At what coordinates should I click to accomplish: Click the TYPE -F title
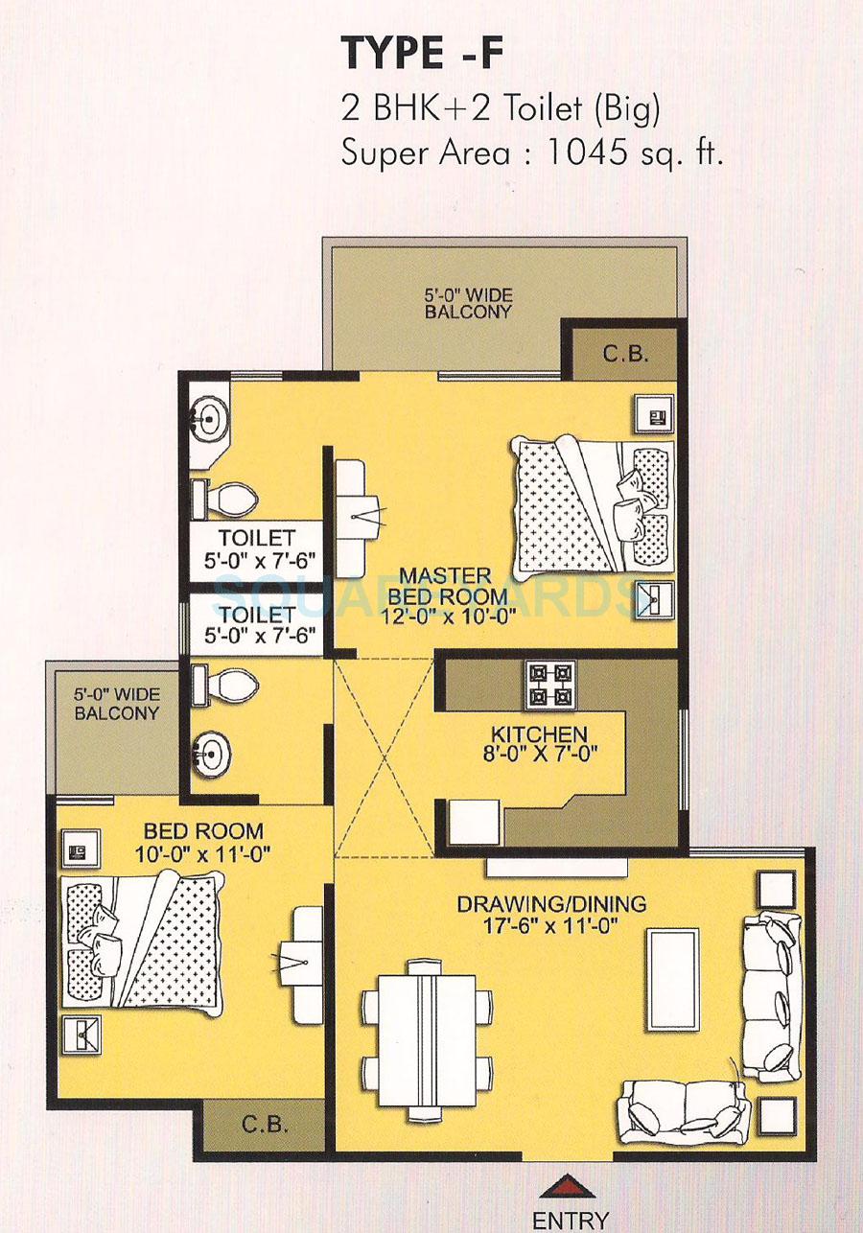pyautogui.click(x=422, y=55)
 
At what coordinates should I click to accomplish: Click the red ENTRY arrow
pyautogui.click(x=570, y=1186)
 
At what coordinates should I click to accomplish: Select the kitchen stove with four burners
pyautogui.click(x=549, y=685)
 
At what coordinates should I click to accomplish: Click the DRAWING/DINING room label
pyautogui.click(x=550, y=914)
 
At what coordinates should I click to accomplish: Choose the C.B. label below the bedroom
pyautogui.click(x=264, y=1124)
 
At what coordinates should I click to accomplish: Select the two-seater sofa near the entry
pyautogui.click(x=684, y=1105)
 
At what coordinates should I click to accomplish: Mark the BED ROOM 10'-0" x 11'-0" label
pyautogui.click(x=202, y=841)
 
